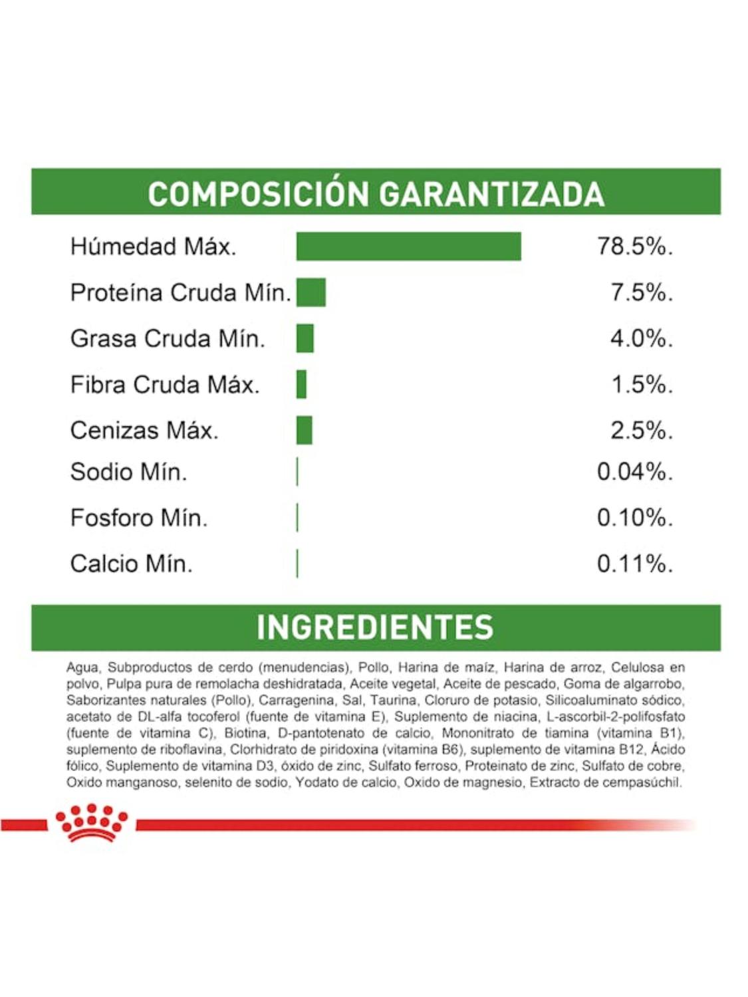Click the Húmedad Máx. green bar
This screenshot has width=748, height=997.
408,247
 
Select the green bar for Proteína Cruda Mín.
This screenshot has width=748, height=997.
311,292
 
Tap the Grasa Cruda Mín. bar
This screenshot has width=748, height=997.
305,338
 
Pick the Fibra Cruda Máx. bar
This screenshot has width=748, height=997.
302,384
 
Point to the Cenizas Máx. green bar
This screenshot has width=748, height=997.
305,430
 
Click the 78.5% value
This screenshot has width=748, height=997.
634,247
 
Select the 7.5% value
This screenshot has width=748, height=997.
641,292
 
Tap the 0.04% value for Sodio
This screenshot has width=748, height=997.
634,472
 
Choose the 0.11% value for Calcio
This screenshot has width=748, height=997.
634,564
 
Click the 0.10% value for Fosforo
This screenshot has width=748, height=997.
634,518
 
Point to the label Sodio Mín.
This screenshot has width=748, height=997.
128,472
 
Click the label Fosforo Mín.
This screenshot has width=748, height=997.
138,518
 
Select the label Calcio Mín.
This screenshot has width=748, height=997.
131,564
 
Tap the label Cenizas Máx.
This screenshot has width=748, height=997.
144,430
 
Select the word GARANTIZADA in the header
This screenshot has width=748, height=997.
491,194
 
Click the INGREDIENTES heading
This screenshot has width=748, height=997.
375,627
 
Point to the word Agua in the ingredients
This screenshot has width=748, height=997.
82,667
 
